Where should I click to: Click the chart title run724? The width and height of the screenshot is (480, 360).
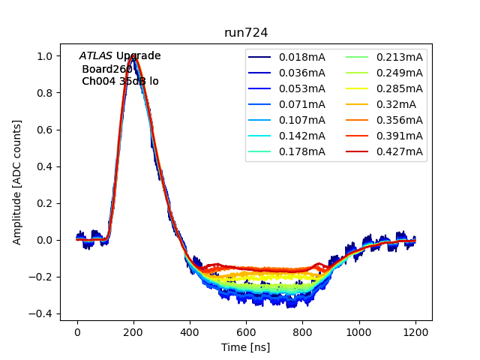pyautogui.click(x=246, y=33)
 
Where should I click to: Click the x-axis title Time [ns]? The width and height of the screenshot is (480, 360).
pyautogui.click(x=246, y=347)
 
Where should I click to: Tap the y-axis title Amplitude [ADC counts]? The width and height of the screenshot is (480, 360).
pyautogui.click(x=17, y=181)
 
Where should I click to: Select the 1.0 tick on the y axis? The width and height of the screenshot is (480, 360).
pyautogui.click(x=45, y=56)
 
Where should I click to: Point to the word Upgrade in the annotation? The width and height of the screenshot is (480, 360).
pyautogui.click(x=138, y=56)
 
